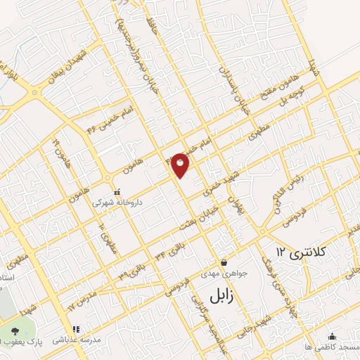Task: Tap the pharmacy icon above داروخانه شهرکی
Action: pyautogui.click(x=117, y=191)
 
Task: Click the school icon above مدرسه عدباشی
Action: pyautogui.click(x=76, y=328)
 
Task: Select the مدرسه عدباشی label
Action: pyautogui.click(x=96, y=338)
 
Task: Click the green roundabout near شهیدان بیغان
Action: pyautogui.click(x=34, y=92)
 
